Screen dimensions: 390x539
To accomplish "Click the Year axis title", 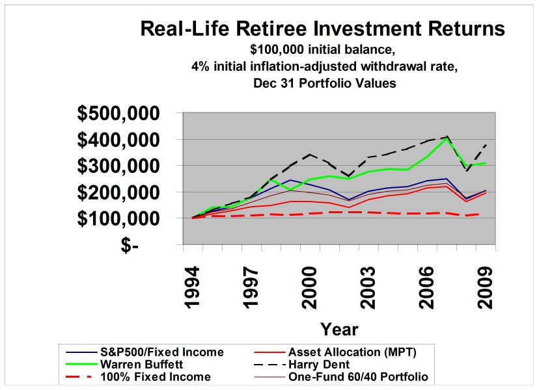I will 339,328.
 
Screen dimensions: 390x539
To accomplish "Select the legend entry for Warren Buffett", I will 143,365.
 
